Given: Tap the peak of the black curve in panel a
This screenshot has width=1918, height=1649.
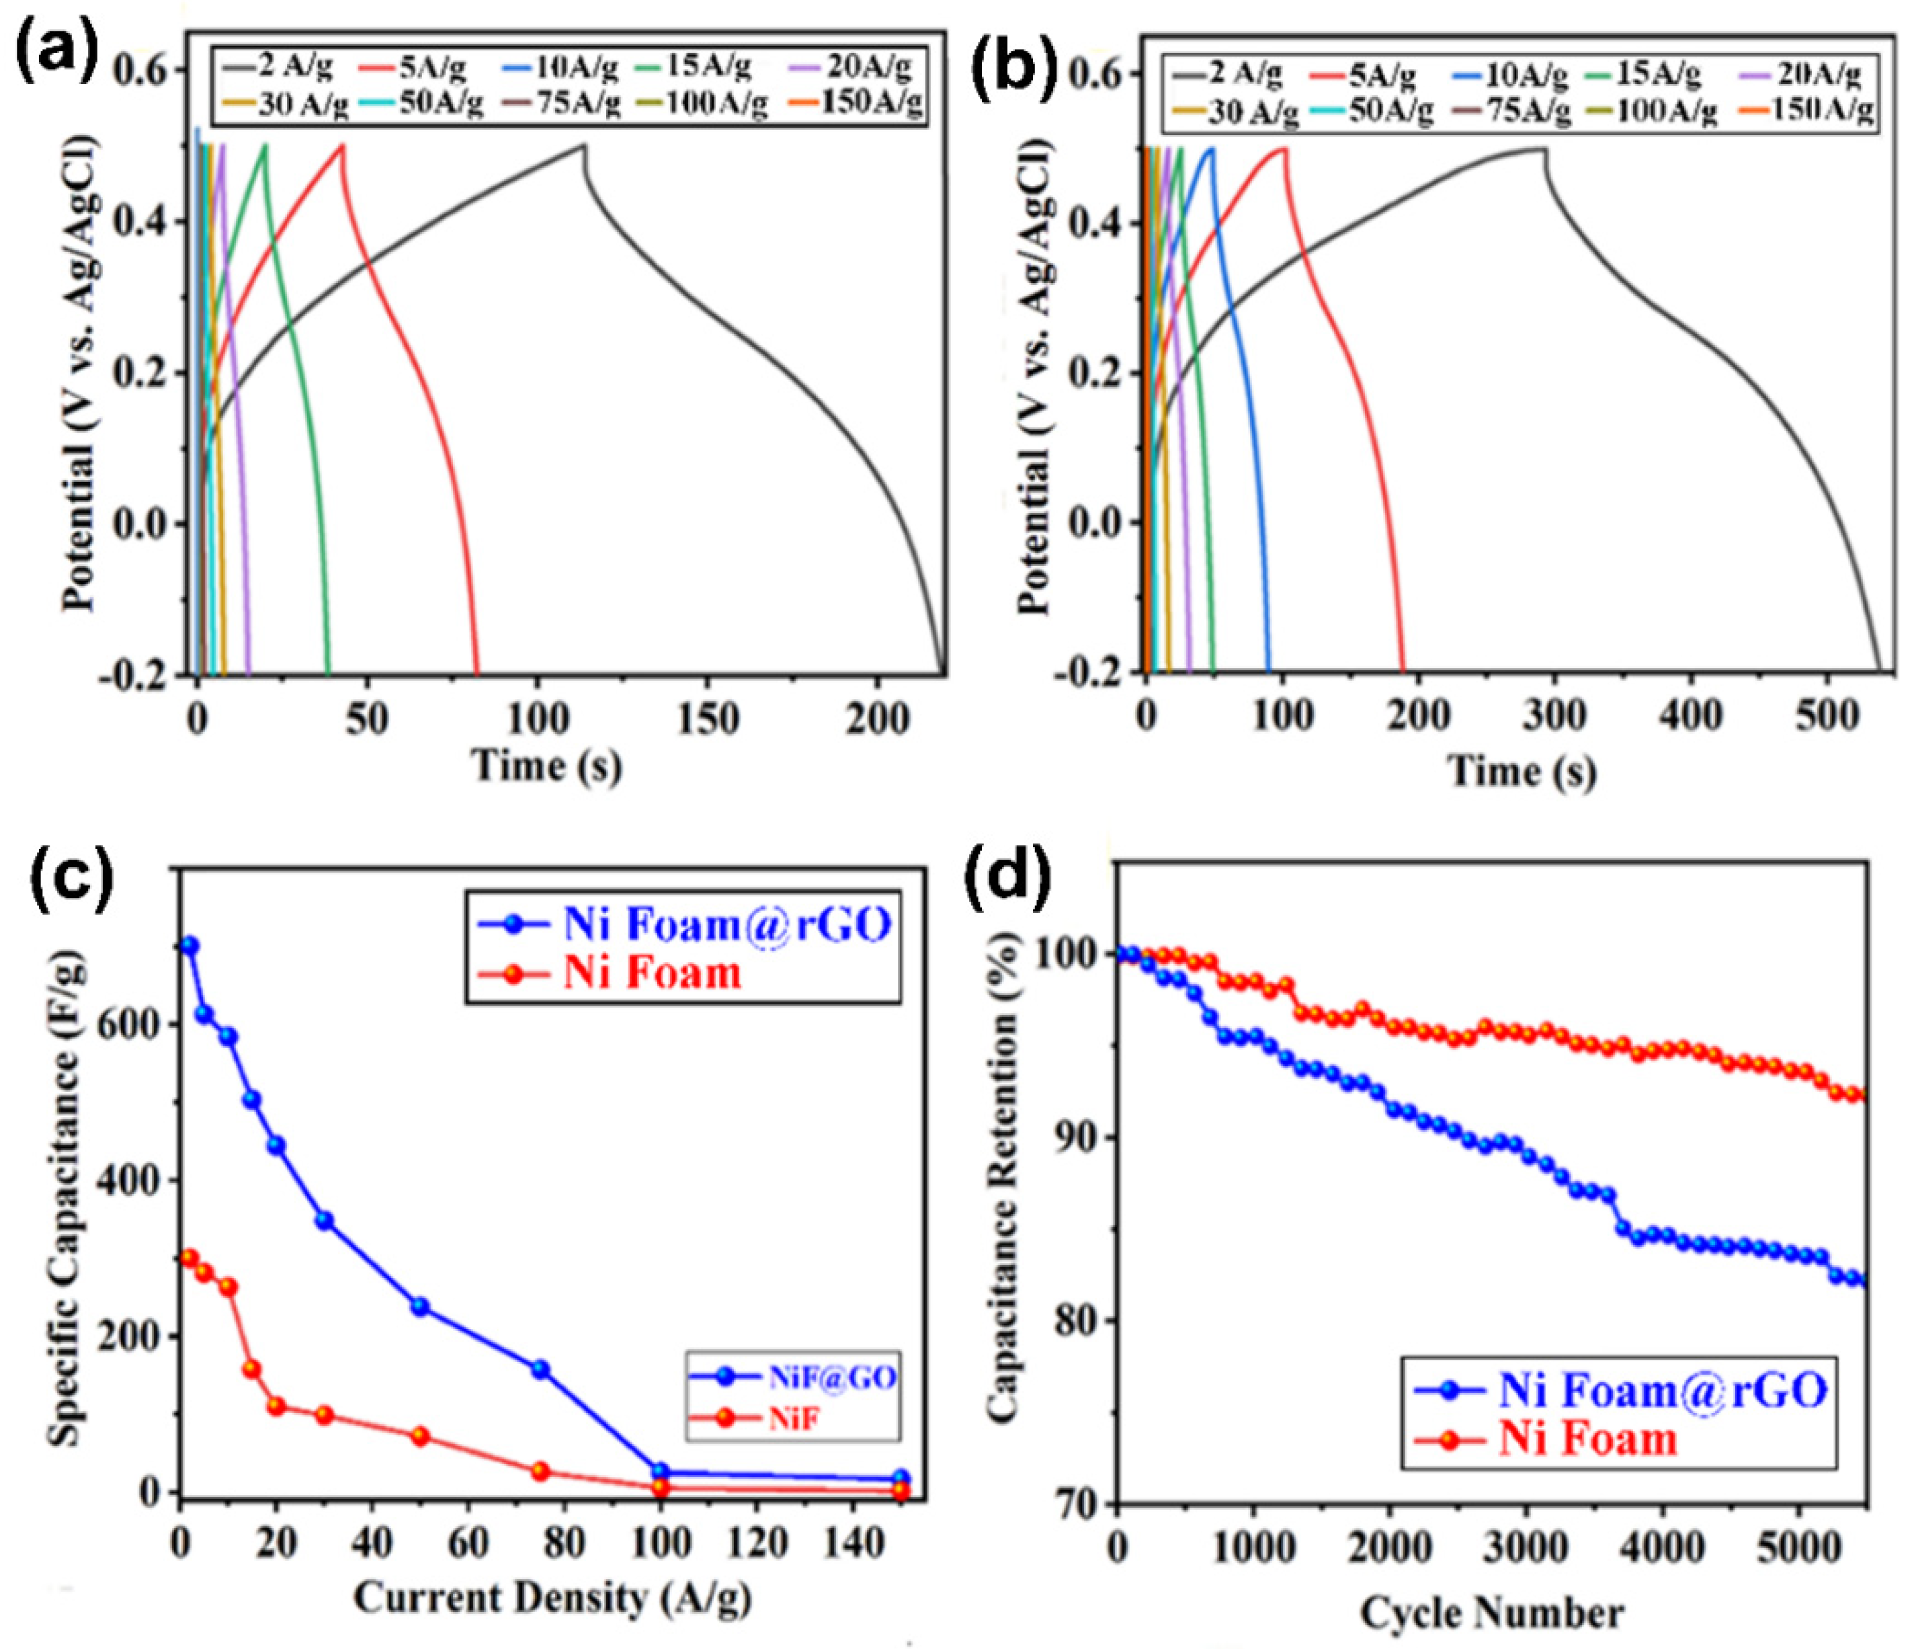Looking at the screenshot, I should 584,145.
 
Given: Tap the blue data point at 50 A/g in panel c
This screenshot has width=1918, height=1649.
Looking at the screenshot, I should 419,1306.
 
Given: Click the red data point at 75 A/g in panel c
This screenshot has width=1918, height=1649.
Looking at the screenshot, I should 540,1470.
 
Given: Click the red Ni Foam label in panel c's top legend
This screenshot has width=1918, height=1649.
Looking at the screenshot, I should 653,973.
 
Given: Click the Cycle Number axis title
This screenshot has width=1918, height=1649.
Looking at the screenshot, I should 1491,1612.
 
